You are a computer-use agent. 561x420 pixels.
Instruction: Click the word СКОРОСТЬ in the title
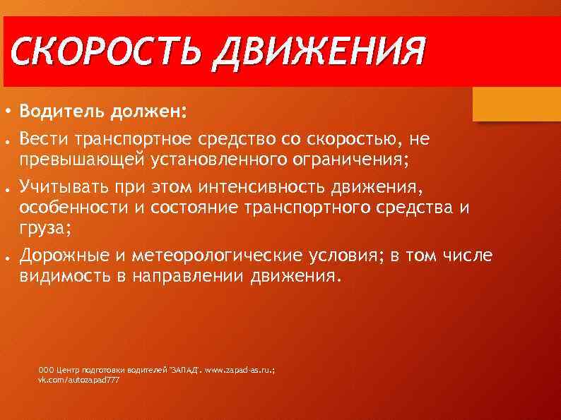[105, 54]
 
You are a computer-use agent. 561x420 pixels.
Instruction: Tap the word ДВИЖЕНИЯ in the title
[319, 54]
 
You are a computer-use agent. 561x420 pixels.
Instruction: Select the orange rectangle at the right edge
[516, 104]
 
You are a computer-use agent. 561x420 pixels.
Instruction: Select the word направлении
[191, 275]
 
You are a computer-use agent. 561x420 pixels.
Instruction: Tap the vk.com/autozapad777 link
[78, 380]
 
